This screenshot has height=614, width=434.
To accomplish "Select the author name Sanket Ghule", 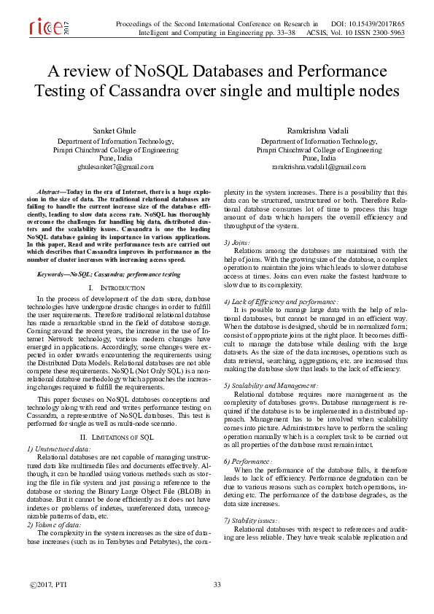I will (115, 130).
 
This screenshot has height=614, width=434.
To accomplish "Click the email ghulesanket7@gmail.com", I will (115, 167).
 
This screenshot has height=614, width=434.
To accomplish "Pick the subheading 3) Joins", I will (236, 241).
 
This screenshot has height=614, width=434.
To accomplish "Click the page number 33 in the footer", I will (217, 585).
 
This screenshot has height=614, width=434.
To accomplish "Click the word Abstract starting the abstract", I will (50, 190).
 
